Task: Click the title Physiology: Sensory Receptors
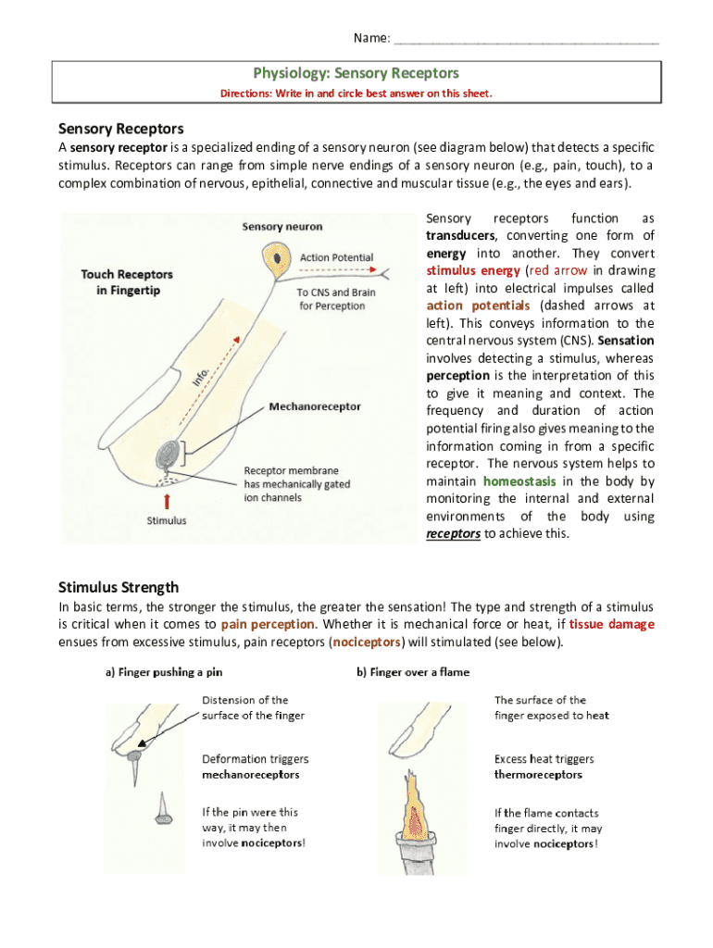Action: (356, 73)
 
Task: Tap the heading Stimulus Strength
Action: (119, 587)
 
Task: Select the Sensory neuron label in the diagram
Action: (281, 225)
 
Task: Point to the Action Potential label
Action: (337, 256)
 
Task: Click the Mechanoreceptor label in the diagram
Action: (315, 406)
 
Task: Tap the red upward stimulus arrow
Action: (167, 501)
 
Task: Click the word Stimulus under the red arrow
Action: (167, 520)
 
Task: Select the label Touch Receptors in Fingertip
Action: (126, 282)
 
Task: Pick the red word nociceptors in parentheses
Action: (368, 642)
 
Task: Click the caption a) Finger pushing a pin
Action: (163, 672)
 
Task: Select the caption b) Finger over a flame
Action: (413, 672)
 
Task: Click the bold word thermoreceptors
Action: (538, 775)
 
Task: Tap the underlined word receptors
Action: (453, 534)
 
